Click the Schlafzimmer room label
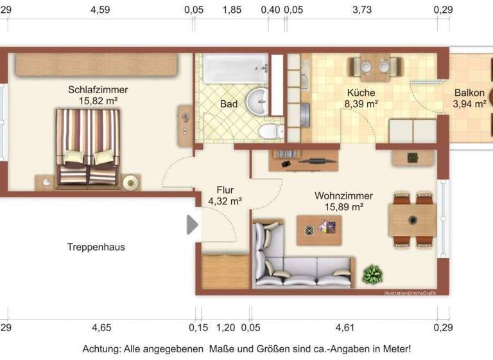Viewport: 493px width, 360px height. (98, 89)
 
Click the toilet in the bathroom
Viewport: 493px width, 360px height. (270, 130)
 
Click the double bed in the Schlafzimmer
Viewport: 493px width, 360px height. (88, 146)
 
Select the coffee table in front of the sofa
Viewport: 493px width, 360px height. (319, 230)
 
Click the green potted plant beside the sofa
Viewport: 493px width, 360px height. (372, 275)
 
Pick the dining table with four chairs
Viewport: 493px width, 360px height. (412, 221)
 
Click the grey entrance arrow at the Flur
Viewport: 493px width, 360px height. (192, 224)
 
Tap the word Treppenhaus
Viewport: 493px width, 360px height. (96, 246)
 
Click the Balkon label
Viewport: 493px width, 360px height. (469, 92)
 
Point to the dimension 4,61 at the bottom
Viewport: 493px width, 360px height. (345, 328)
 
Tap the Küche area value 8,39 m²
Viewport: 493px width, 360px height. (361, 104)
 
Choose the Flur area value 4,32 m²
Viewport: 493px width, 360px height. (225, 201)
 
